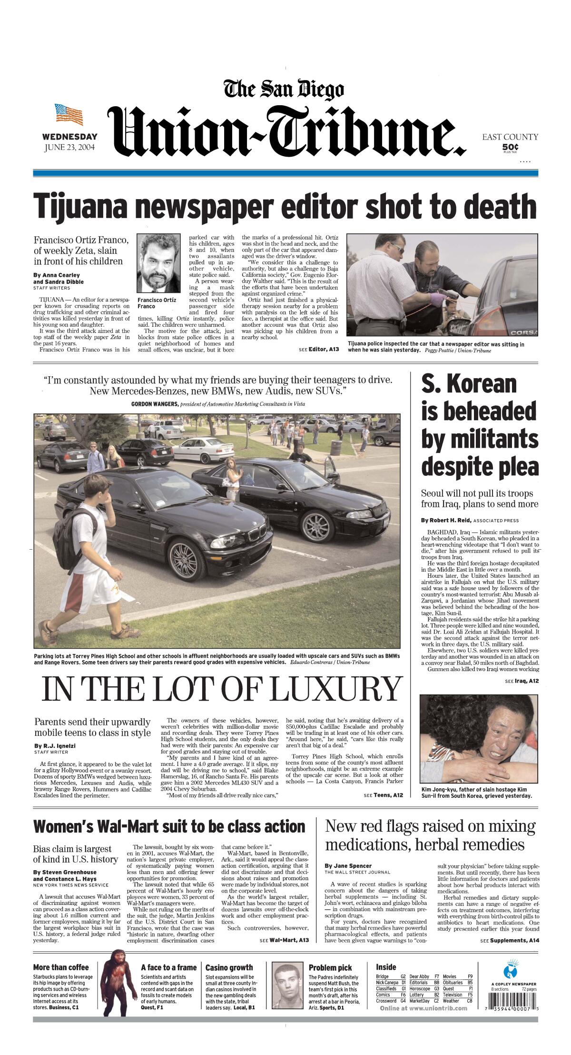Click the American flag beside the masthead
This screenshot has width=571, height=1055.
point(69,114)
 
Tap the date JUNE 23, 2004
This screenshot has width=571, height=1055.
point(69,147)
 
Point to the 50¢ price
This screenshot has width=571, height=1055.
point(510,147)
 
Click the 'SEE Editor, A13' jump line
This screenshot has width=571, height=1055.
point(319,349)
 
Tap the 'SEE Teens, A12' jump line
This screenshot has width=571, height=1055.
point(383,795)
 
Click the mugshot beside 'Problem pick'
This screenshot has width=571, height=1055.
point(287,982)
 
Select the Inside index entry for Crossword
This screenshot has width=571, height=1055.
point(386,1001)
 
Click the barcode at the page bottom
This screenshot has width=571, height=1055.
point(512,1008)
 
